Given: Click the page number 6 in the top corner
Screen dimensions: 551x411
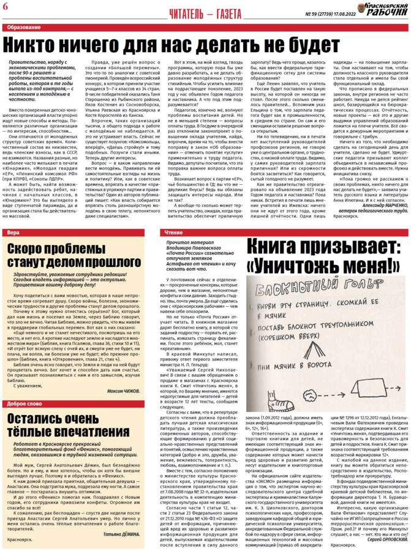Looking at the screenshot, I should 6,6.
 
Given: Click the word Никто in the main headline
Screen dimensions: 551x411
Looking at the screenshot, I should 39,45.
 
